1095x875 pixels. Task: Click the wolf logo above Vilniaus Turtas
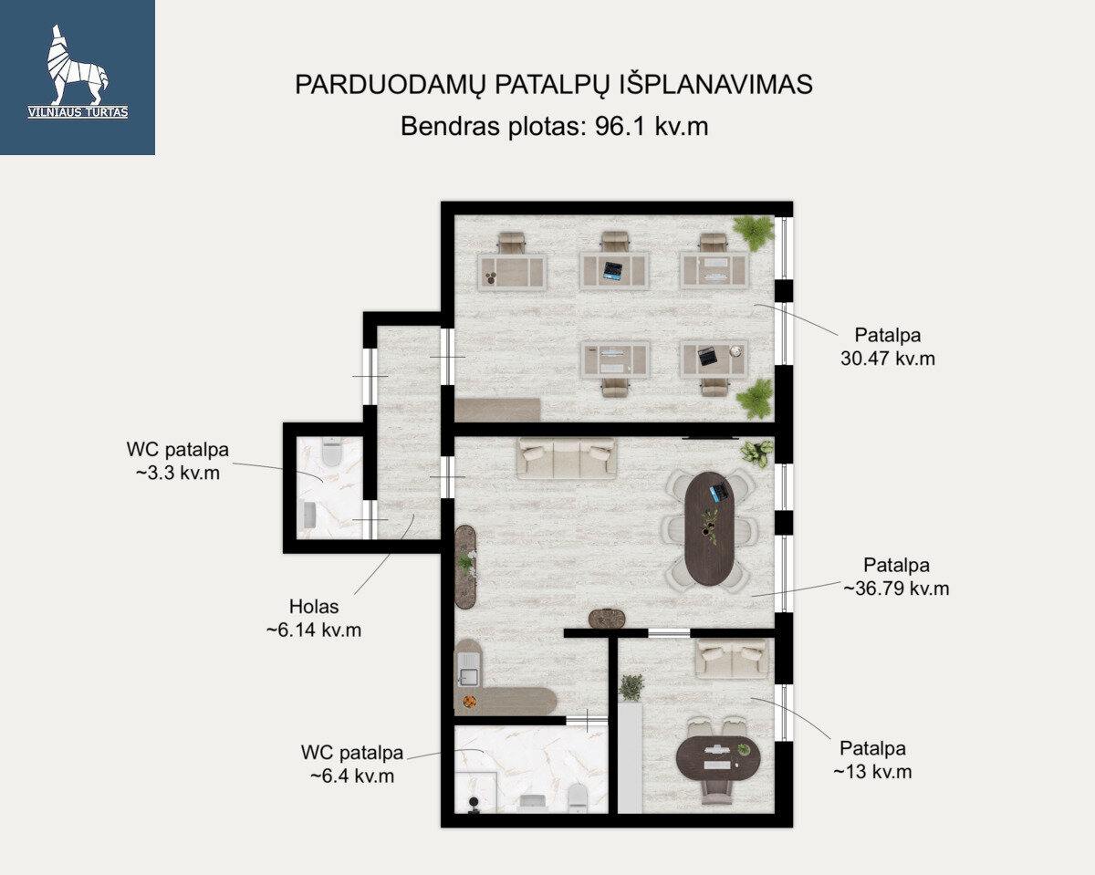pyautogui.click(x=78, y=65)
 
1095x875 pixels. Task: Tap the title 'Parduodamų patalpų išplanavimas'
pyautogui.click(x=554, y=85)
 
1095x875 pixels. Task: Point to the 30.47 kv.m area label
pyautogui.click(x=887, y=359)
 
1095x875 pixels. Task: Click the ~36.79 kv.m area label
pyautogui.click(x=896, y=589)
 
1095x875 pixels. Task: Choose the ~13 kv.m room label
pyautogui.click(x=872, y=772)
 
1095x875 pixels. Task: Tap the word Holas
pyautogui.click(x=314, y=607)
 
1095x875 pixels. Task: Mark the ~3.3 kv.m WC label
pyautogui.click(x=178, y=473)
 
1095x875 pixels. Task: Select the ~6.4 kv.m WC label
pyautogui.click(x=352, y=776)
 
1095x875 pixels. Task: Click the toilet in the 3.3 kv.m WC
pyautogui.click(x=331, y=452)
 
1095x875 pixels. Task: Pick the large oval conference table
pyautogui.click(x=709, y=528)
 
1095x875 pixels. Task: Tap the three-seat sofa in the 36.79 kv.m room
pyautogui.click(x=567, y=458)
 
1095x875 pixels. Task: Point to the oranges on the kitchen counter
pyautogui.click(x=469, y=702)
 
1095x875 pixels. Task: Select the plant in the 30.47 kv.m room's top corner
pyautogui.click(x=754, y=233)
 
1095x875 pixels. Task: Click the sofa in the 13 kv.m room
pyautogui.click(x=732, y=658)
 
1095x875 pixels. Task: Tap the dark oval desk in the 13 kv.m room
pyautogui.click(x=717, y=758)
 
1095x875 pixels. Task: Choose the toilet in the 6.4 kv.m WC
pyautogui.click(x=578, y=797)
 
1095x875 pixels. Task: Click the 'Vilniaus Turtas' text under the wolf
pyautogui.click(x=78, y=112)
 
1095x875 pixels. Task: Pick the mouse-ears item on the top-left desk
pyautogui.click(x=491, y=277)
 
